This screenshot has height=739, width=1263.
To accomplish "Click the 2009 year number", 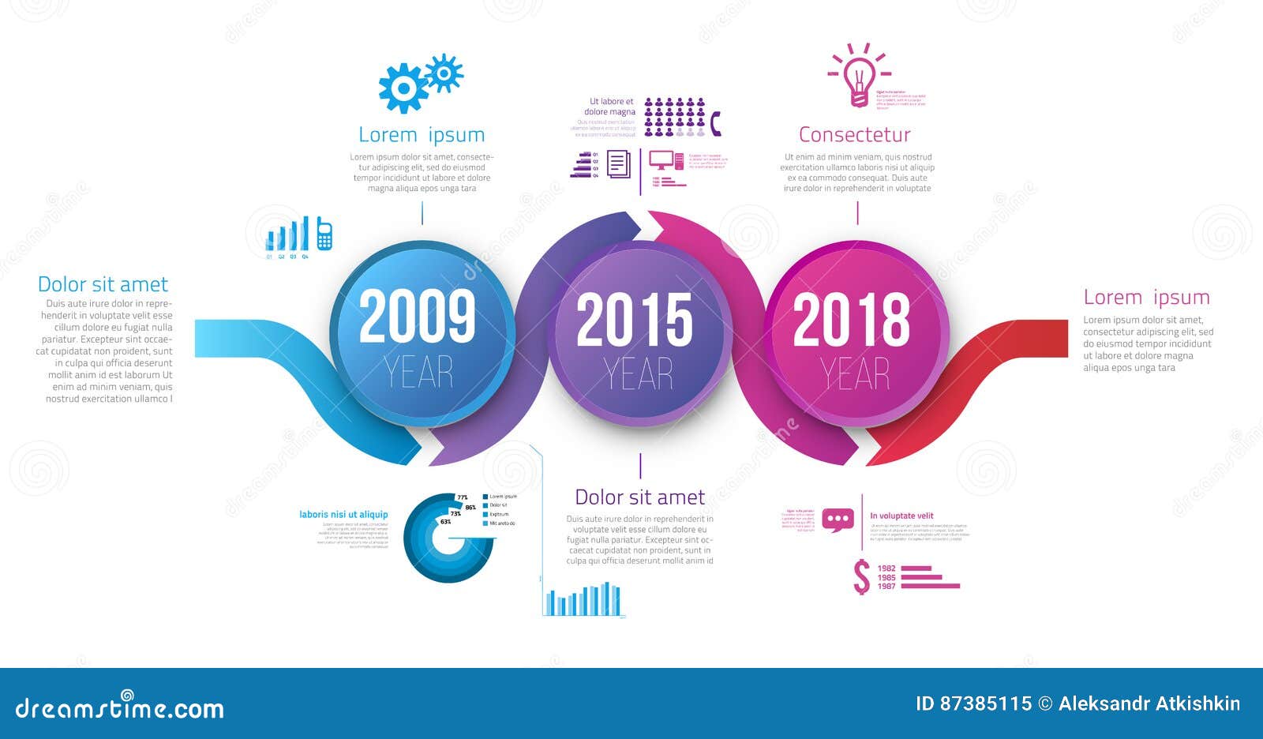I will (x=418, y=317).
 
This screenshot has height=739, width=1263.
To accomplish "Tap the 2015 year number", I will (x=635, y=320).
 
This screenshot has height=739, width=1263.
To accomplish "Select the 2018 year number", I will (x=851, y=320).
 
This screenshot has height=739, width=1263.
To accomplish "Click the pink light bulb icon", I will (x=859, y=77).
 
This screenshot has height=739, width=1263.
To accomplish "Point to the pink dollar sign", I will (x=862, y=577).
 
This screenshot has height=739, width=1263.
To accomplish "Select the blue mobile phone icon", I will (x=324, y=234).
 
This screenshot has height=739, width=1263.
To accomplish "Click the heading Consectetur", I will (x=854, y=135).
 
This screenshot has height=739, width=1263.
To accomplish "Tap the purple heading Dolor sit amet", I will (x=639, y=497).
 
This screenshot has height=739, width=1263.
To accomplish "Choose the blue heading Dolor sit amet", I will (x=103, y=284).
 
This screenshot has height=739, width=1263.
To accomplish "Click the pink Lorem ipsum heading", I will (x=1146, y=298).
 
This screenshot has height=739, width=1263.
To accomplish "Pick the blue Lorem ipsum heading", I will (x=422, y=135).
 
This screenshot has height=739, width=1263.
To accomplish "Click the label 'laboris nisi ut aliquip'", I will (x=343, y=515).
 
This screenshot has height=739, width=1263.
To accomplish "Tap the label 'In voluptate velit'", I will (x=901, y=516).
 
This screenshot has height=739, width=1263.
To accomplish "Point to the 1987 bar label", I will (x=886, y=587).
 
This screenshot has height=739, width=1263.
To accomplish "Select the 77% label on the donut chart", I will (x=463, y=498).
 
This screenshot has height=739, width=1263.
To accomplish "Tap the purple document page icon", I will (x=619, y=164).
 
